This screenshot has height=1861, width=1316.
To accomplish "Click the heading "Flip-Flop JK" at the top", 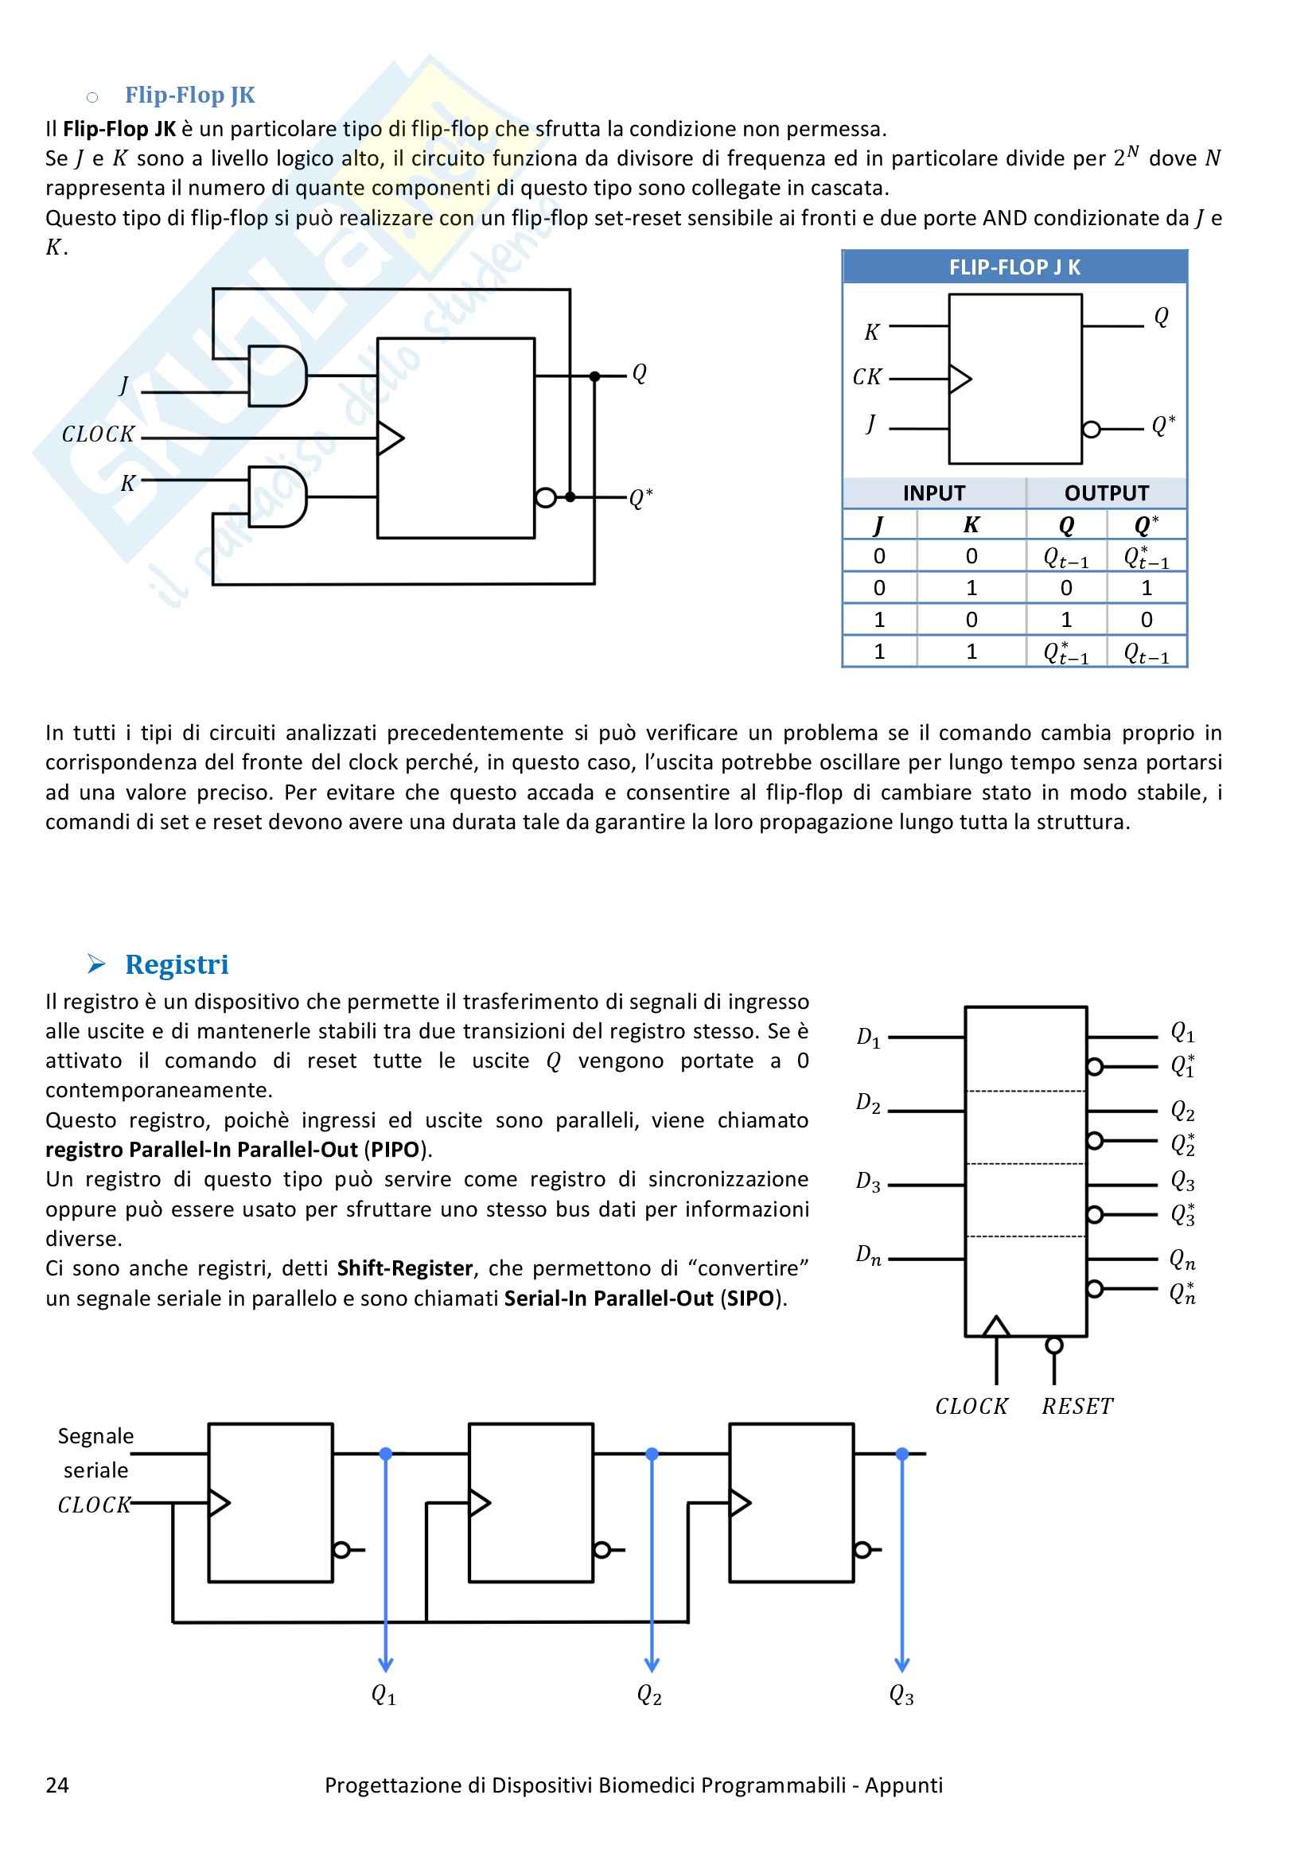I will [189, 95].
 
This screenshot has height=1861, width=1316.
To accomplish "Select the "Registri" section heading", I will [177, 964].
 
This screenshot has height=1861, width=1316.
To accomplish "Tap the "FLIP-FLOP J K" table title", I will [1014, 267].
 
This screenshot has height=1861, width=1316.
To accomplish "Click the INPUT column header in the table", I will [933, 493].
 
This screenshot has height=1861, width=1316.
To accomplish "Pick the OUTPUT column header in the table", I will [1106, 493].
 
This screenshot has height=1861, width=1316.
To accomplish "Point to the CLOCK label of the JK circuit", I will [98, 434].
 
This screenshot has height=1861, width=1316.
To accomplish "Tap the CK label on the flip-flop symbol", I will [866, 377].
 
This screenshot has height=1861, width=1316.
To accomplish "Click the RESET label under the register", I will [1078, 1406].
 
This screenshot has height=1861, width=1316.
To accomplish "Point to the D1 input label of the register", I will [868, 1038].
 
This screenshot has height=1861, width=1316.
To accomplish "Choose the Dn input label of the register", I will [868, 1256].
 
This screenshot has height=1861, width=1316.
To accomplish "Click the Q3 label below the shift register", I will [901, 1695].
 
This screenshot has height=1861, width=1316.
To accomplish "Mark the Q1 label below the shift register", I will [384, 1695].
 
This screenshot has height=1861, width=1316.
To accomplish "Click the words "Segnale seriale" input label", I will [95, 1453].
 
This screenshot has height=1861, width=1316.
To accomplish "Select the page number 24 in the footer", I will [56, 1785].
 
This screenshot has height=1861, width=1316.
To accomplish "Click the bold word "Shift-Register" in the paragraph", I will [404, 1268].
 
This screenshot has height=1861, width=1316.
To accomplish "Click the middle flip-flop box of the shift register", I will [531, 1503].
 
